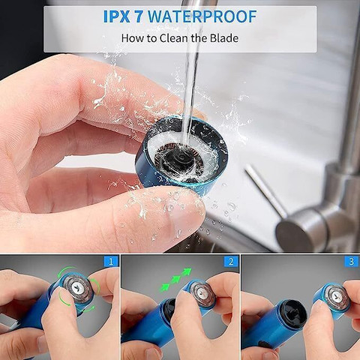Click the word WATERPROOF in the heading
coord(202,16)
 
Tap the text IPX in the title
coord(116,16)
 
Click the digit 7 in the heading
coord(139,16)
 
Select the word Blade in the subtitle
coord(224,38)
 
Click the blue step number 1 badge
coord(111,262)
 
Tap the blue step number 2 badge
coord(231,262)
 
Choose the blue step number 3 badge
coord(352,262)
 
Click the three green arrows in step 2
coord(175,280)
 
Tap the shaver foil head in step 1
coord(77,289)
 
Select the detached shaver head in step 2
coord(201,293)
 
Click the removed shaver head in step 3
coord(333,298)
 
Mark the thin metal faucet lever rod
coord(265,190)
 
